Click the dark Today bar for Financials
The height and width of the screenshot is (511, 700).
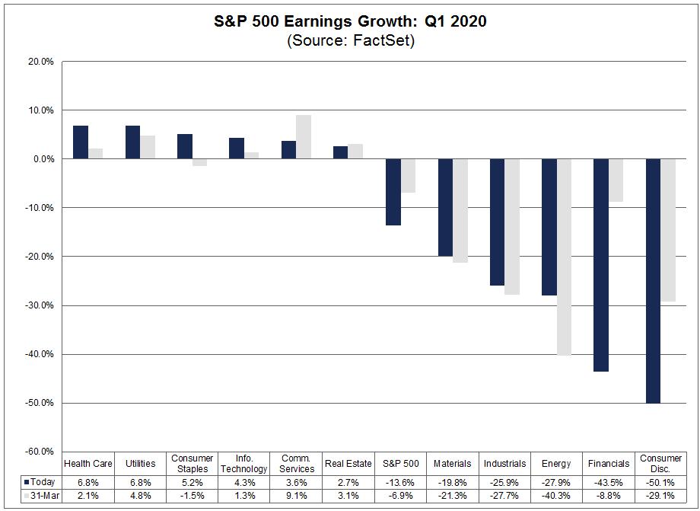(x=601, y=265)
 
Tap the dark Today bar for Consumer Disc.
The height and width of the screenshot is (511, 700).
(x=653, y=281)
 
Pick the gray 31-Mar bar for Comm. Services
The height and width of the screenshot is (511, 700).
(x=303, y=137)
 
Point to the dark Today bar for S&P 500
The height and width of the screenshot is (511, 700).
(x=393, y=192)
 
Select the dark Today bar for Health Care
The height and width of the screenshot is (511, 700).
(x=81, y=142)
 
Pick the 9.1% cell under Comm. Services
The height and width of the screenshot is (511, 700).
(x=296, y=495)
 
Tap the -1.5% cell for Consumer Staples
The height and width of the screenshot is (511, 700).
(x=192, y=495)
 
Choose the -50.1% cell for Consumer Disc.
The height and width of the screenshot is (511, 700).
(x=660, y=482)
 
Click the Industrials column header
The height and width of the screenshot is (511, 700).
(x=504, y=463)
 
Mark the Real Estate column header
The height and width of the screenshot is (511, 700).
(x=348, y=463)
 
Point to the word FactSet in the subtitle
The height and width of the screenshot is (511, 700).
(x=382, y=41)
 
